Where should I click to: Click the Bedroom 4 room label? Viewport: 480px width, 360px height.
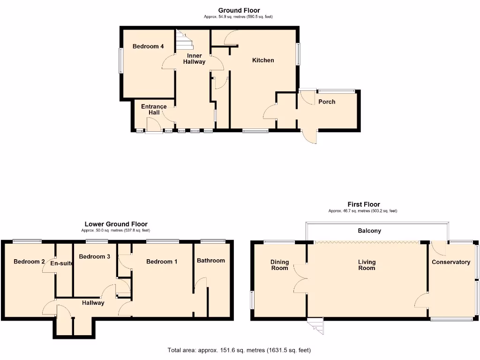pyautogui.click(x=148, y=46)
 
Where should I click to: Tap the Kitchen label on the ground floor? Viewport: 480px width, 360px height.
pyautogui.click(x=263, y=60)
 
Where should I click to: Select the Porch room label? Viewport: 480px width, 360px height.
pyautogui.click(x=327, y=102)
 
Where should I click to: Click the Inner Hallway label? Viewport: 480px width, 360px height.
pyautogui.click(x=194, y=59)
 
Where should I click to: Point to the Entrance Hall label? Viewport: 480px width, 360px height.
pyautogui.click(x=154, y=109)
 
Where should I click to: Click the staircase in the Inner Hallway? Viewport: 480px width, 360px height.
pyautogui.click(x=185, y=40)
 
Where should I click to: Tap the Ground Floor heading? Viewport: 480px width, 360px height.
pyautogui.click(x=239, y=10)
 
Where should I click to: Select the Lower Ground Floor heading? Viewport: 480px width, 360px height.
pyautogui.click(x=116, y=224)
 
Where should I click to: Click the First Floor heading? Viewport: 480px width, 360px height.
pyautogui.click(x=363, y=204)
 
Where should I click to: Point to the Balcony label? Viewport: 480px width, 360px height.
pyautogui.click(x=369, y=231)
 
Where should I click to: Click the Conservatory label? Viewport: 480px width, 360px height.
pyautogui.click(x=450, y=262)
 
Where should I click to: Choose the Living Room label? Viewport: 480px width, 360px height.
pyautogui.click(x=367, y=265)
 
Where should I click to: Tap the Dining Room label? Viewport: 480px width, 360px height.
pyautogui.click(x=279, y=265)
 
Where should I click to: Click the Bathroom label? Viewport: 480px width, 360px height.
pyautogui.click(x=210, y=260)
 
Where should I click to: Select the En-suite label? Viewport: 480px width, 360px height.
pyautogui.click(x=62, y=263)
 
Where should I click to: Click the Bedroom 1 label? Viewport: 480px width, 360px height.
pyautogui.click(x=162, y=261)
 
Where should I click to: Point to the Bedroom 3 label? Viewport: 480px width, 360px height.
pyautogui.click(x=94, y=256)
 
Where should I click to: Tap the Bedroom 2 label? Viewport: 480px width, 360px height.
pyautogui.click(x=29, y=261)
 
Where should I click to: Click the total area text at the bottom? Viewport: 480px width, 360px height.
pyautogui.click(x=239, y=350)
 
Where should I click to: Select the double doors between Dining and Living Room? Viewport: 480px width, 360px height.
pyautogui.click(x=300, y=278)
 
